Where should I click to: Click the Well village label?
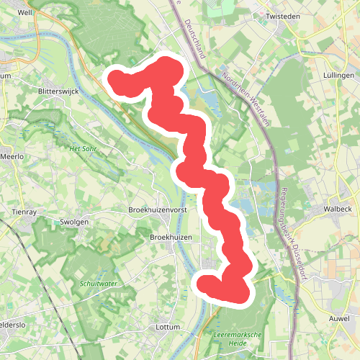tap(26, 13)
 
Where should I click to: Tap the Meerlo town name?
tap(12, 156)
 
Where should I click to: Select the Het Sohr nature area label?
tap(83, 149)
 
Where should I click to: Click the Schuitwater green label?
tap(99, 284)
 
